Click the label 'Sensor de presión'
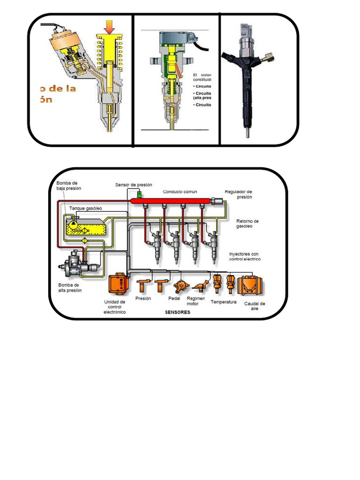pyautogui.click(x=134, y=185)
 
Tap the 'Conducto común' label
pyautogui.click(x=180, y=192)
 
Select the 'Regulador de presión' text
pyautogui.click(x=239, y=195)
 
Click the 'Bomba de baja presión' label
pyautogui.click(x=69, y=186)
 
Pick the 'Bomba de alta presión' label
pyautogui.click(x=70, y=287)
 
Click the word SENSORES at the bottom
pyautogui.click(x=178, y=313)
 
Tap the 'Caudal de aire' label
pyautogui.click(x=255, y=306)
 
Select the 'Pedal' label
pyautogui.click(x=174, y=298)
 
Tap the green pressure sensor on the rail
pyautogui.click(x=139, y=194)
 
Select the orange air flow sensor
pyautogui.click(x=250, y=285)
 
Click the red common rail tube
pyautogui.click(x=171, y=201)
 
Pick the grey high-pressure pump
pyautogui.click(x=75, y=264)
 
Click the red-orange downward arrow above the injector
pyautogui.click(x=110, y=27)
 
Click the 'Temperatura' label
pyautogui.click(x=224, y=302)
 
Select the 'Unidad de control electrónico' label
pyautogui.click(x=115, y=307)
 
